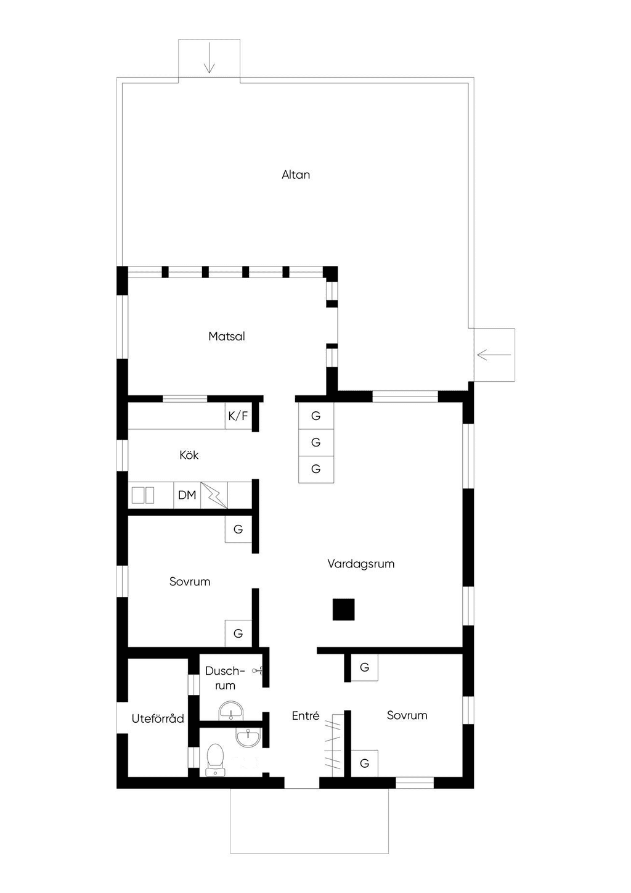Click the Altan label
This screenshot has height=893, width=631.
[x=296, y=175]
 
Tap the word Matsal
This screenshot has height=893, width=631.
[x=227, y=336]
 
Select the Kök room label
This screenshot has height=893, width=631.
[x=189, y=455]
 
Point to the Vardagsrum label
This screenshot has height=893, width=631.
[x=361, y=564]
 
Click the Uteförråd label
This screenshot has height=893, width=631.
[x=158, y=718]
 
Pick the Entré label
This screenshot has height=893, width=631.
[x=306, y=715]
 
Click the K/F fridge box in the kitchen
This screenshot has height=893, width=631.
[x=238, y=416]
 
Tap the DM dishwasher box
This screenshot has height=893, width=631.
[x=187, y=495]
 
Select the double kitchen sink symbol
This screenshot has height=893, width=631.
[x=143, y=495]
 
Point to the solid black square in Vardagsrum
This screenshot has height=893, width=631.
[x=343, y=609]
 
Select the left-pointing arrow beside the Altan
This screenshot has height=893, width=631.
[x=494, y=355]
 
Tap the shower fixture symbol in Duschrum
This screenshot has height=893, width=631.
[x=258, y=672]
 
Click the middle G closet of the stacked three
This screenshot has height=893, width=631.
[x=316, y=442]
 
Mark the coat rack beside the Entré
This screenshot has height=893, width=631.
[x=334, y=745]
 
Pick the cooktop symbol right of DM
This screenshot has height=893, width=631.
[x=214, y=495]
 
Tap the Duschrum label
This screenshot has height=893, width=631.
[x=225, y=678]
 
